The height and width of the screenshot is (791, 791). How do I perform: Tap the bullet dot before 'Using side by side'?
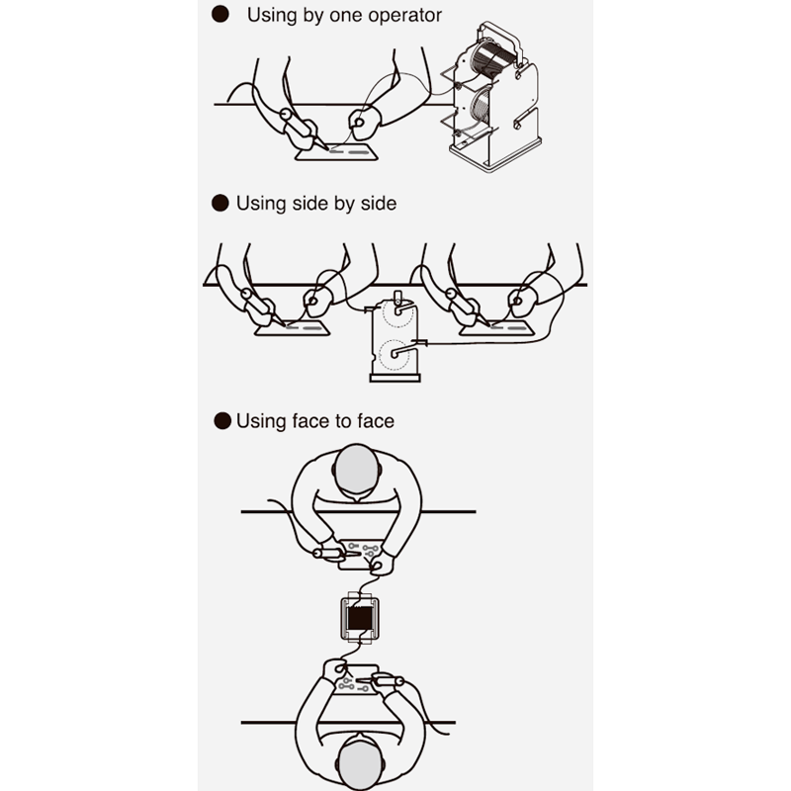tap(220, 204)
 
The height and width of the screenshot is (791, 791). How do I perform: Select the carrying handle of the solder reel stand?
tap(499, 43)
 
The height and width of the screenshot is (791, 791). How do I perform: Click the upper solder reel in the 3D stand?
tap(487, 59)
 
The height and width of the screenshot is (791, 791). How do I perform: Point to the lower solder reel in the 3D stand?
tap(482, 110)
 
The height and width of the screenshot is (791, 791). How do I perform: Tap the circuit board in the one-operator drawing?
tap(337, 152)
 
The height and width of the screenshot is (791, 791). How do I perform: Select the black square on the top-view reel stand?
tap(360, 619)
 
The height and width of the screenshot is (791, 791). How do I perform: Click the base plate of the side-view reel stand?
tap(395, 378)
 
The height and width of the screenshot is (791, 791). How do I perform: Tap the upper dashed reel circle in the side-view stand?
tap(397, 313)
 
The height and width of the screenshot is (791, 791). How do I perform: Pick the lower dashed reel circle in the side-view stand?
tap(395, 355)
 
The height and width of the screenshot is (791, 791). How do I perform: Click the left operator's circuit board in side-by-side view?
tap(292, 328)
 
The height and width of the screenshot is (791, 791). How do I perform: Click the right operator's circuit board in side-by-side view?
tap(497, 328)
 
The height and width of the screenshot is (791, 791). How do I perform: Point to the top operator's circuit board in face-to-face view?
tap(360, 555)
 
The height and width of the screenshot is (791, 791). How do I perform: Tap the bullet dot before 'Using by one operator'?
tap(220, 14)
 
